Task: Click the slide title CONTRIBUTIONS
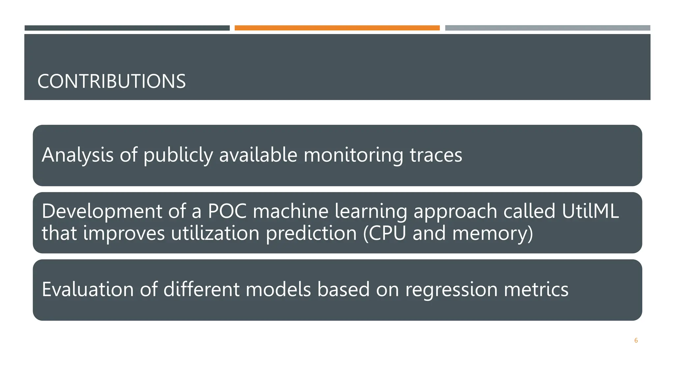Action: pos(111,81)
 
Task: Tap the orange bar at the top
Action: pos(337,28)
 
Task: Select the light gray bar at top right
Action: pos(547,28)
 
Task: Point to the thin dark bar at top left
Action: pos(127,28)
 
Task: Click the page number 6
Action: pos(636,340)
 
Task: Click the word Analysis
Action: pos(77,155)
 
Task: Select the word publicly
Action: pos(178,155)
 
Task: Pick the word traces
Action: pos(436,155)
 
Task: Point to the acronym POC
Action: pos(227,211)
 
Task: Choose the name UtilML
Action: pos(590,211)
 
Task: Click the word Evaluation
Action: pos(88,289)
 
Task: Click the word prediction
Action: pos(311,233)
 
